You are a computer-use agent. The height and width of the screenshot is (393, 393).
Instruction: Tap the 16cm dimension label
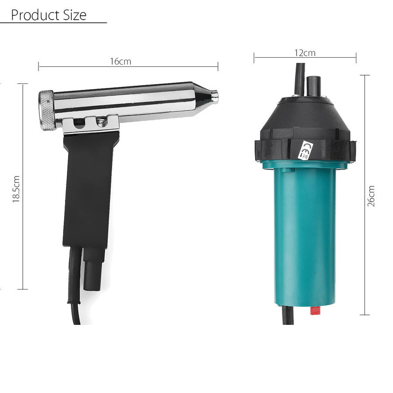121,62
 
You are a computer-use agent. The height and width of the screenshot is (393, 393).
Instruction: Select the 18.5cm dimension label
16,189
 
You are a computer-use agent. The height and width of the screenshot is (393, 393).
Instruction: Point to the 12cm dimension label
305,53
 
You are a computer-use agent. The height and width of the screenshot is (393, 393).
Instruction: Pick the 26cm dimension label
371,196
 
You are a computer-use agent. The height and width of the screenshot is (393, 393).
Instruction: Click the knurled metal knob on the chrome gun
46,110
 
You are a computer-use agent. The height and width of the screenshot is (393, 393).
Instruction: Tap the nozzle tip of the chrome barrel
214,96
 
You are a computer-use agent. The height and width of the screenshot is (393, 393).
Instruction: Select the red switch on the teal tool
316,310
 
